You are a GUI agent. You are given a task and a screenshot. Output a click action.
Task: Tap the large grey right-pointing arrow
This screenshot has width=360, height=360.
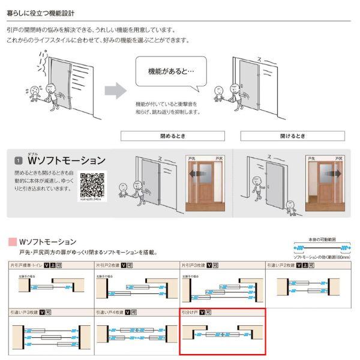(x=116, y=91)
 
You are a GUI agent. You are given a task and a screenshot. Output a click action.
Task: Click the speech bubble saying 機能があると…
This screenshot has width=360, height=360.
(x=170, y=71)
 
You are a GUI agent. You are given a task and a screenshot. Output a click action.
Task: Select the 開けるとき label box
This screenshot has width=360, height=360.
(x=292, y=136)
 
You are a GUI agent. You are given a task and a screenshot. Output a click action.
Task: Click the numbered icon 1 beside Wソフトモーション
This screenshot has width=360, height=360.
(x=19, y=161)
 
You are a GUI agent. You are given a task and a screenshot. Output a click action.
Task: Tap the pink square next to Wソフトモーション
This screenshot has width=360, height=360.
(x=12, y=242)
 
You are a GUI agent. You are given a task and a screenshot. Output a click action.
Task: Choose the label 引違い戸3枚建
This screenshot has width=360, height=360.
(x=23, y=313)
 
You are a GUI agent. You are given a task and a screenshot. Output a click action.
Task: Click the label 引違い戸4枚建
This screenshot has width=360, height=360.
(x=109, y=313)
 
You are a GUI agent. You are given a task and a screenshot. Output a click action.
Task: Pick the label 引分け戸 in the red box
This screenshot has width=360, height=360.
(x=190, y=313)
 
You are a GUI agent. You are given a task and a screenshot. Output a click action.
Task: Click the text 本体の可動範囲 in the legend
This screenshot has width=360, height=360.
(x=322, y=239)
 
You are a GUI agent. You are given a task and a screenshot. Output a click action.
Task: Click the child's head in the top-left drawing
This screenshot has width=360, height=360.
(x=37, y=89)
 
